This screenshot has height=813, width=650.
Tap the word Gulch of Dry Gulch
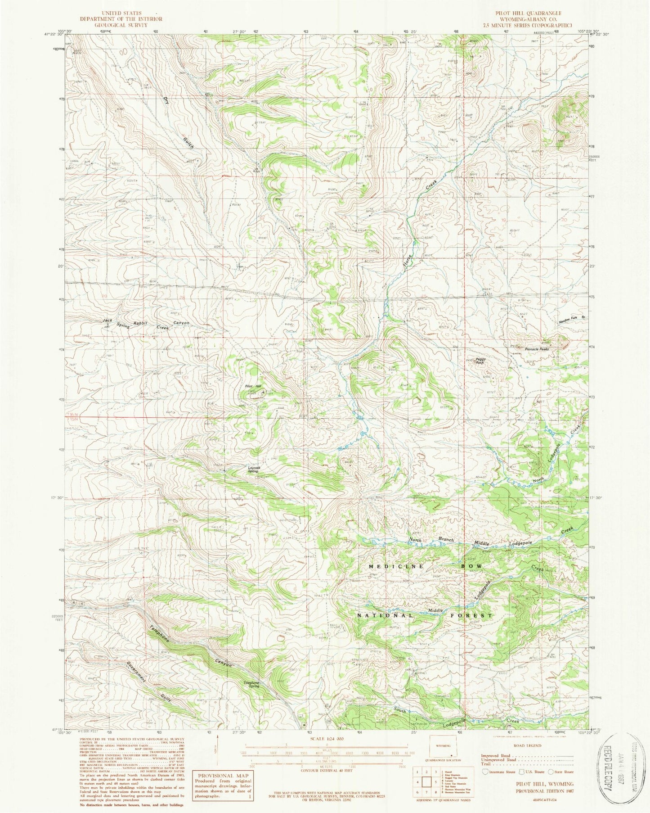[x=188, y=144]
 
